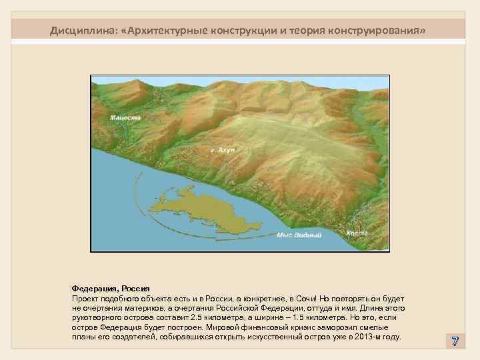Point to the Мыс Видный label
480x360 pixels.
point(299,235)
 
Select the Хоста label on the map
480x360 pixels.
point(357,233)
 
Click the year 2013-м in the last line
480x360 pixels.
point(371,337)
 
